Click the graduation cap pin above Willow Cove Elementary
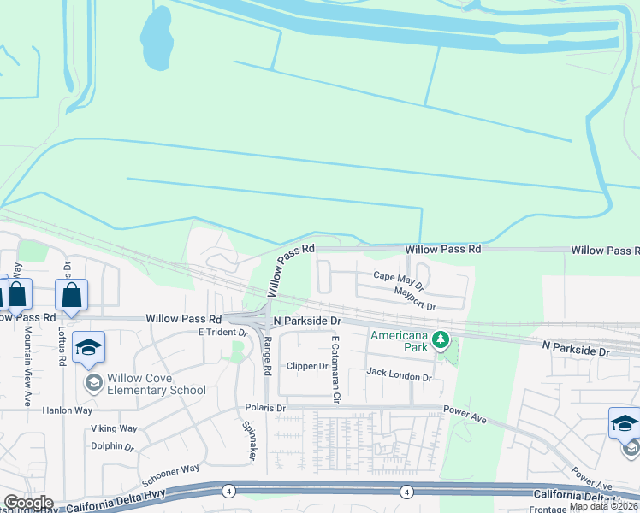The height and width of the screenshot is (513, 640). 88,348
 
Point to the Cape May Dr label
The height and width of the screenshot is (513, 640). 399,276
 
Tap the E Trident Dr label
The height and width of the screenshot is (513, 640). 222,332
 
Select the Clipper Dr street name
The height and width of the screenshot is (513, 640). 307,366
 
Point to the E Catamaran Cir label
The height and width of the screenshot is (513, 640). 335,370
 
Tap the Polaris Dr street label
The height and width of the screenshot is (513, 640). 264,408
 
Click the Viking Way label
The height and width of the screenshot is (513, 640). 115,428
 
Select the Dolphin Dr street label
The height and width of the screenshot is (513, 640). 113,446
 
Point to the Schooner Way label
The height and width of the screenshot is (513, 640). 170,473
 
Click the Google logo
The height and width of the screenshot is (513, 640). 27,503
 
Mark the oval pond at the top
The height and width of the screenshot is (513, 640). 157,38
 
